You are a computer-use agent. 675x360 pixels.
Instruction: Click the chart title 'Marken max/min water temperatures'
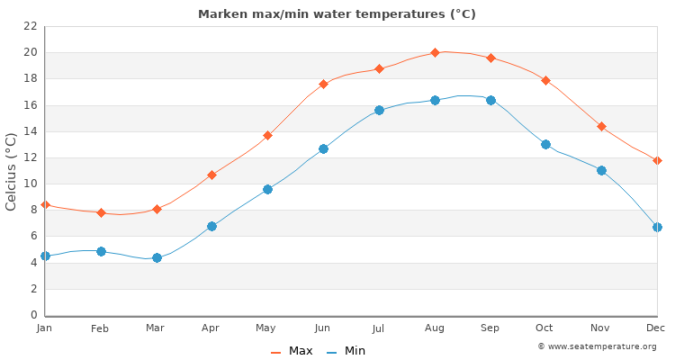pos(337,14)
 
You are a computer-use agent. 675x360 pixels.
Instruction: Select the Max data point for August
pos(435,52)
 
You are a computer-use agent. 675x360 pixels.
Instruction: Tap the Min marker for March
pos(157,257)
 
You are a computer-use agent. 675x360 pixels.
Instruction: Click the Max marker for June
pos(323,84)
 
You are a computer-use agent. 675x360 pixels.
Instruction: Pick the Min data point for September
pos(490,100)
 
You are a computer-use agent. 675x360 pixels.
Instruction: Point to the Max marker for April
pos(211,175)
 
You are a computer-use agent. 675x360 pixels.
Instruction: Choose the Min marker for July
pos(379,110)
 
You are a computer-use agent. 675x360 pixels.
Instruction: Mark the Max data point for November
pos(601,126)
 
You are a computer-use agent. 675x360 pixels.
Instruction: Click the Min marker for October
pos(545,144)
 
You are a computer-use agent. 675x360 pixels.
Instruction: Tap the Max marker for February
pos(101,212)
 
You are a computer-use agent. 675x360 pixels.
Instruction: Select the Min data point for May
pos(267,189)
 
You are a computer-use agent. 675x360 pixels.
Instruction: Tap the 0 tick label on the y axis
pos(33,315)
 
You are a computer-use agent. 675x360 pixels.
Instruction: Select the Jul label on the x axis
pos(378,329)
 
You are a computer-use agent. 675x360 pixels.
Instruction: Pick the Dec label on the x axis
pos(656,329)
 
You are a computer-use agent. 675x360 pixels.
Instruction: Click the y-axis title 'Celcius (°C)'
pos(12,171)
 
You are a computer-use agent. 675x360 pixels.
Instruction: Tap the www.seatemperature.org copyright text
pos(597,346)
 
